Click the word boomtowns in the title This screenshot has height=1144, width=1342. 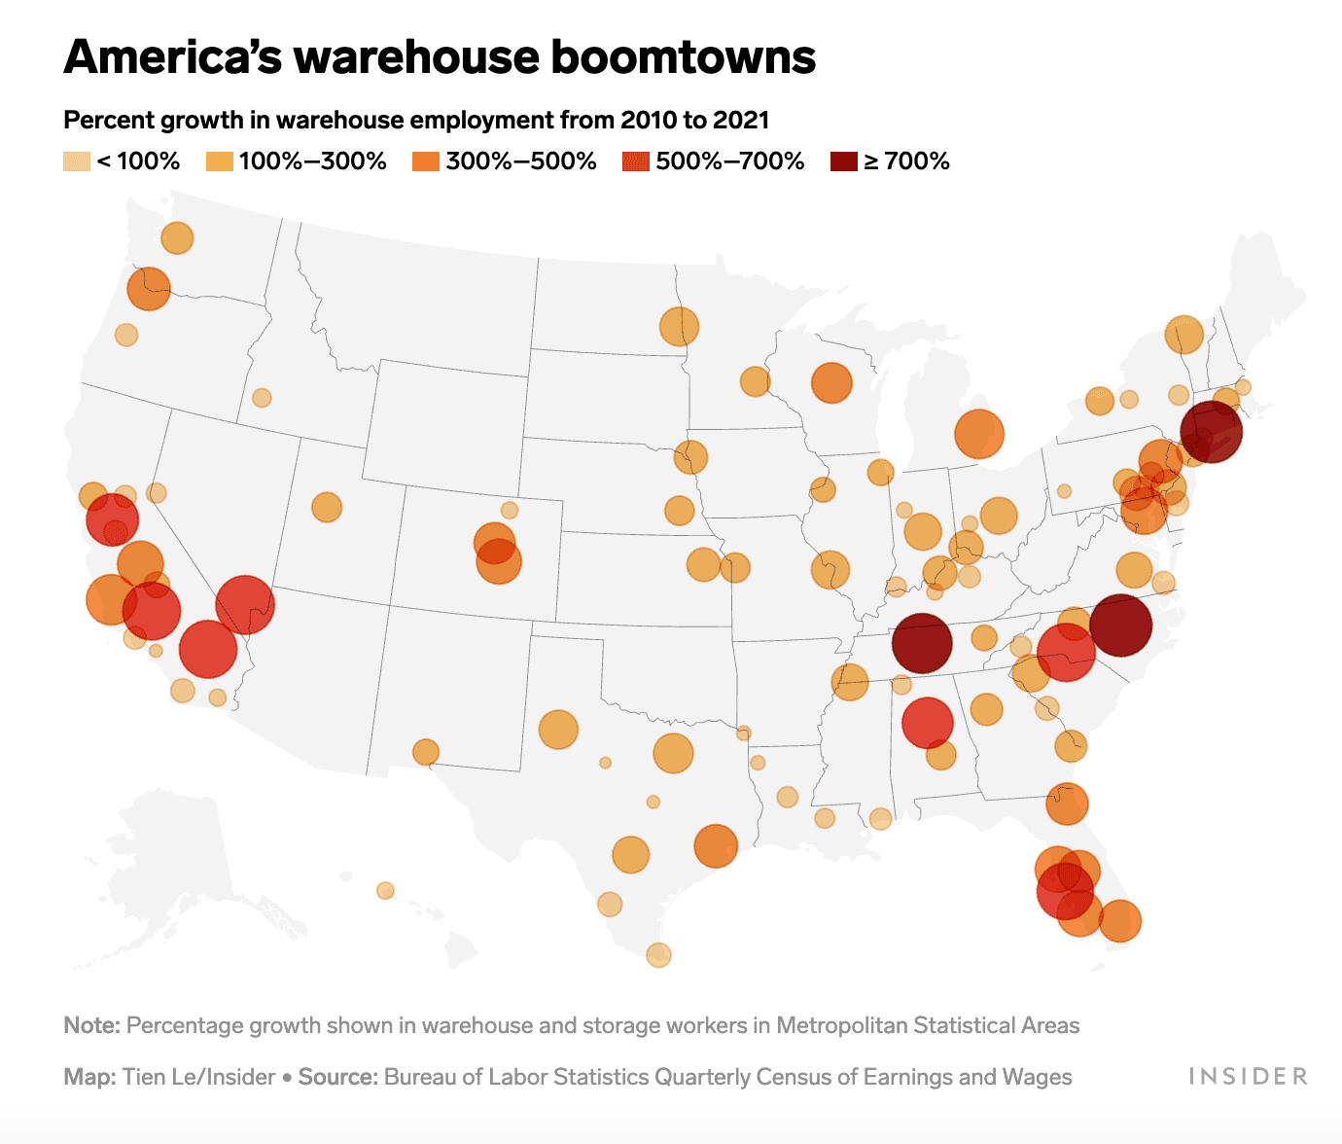684,56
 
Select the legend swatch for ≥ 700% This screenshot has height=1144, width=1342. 843,161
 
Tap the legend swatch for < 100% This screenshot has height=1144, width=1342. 77,161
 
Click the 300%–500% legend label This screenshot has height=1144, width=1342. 520,161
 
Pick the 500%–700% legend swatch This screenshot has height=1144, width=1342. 635,161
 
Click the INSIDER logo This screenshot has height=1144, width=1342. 1248,1076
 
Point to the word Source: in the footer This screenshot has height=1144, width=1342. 337,1077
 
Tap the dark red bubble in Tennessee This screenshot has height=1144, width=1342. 922,643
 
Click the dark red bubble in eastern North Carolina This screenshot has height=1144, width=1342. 1120,626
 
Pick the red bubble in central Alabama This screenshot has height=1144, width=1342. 927,723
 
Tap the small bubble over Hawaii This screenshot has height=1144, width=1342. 385,890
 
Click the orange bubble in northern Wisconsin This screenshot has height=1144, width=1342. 831,383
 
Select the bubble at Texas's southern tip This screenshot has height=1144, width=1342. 658,954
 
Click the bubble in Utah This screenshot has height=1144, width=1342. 327,507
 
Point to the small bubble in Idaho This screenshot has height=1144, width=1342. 262,398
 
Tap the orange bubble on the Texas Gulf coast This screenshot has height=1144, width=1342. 716,845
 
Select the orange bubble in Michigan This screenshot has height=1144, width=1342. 978,434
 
